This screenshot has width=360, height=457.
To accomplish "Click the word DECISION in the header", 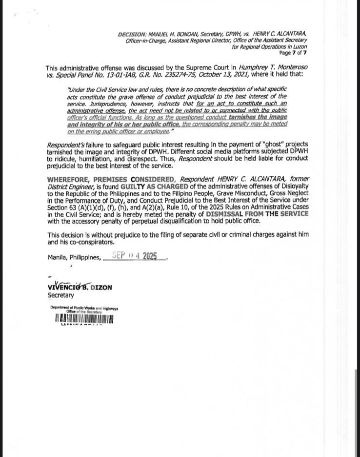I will pos(131,34).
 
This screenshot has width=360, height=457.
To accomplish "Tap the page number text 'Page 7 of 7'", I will pos(293,53).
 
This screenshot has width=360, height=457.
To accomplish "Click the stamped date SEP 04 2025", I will pos(138,255).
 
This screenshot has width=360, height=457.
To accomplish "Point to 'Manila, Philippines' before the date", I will pos(74,257).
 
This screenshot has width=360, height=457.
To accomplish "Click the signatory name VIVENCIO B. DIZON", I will pos(80,287).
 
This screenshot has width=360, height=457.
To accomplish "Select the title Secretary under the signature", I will pos(61,295).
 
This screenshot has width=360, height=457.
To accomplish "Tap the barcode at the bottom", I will pos(84,319).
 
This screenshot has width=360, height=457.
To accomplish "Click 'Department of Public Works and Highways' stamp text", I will pos(84,308).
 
